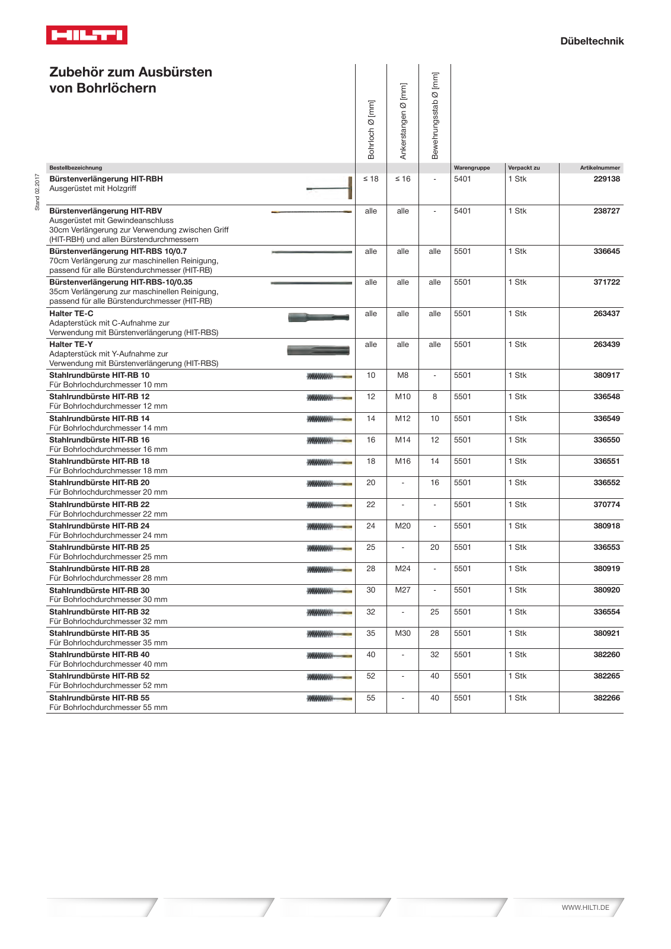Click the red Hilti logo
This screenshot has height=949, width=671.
click(87, 35)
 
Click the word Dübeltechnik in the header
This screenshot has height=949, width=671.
click(592, 41)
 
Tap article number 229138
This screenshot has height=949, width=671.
click(606, 179)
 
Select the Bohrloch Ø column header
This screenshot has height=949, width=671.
click(371, 129)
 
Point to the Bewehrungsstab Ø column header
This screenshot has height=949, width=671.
click(435, 116)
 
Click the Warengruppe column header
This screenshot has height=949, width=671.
click(472, 168)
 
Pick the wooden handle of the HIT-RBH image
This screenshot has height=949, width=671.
click(350, 188)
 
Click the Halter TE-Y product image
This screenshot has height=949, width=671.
click(318, 350)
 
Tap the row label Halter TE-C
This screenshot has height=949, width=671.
click(71, 314)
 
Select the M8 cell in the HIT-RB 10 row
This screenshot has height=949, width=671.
click(402, 375)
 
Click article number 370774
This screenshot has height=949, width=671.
click(606, 505)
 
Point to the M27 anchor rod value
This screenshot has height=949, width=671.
click(402, 590)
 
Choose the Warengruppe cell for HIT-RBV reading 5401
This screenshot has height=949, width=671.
click(462, 211)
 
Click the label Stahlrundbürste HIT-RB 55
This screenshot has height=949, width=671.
click(99, 698)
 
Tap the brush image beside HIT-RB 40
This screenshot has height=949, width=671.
click(329, 655)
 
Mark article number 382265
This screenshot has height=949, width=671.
click(606, 676)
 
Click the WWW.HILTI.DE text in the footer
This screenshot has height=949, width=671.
click(585, 907)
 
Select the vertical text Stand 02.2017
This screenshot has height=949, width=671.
click(37, 192)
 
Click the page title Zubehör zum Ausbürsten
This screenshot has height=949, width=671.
click(130, 72)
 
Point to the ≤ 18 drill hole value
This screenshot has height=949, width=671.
click(370, 179)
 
